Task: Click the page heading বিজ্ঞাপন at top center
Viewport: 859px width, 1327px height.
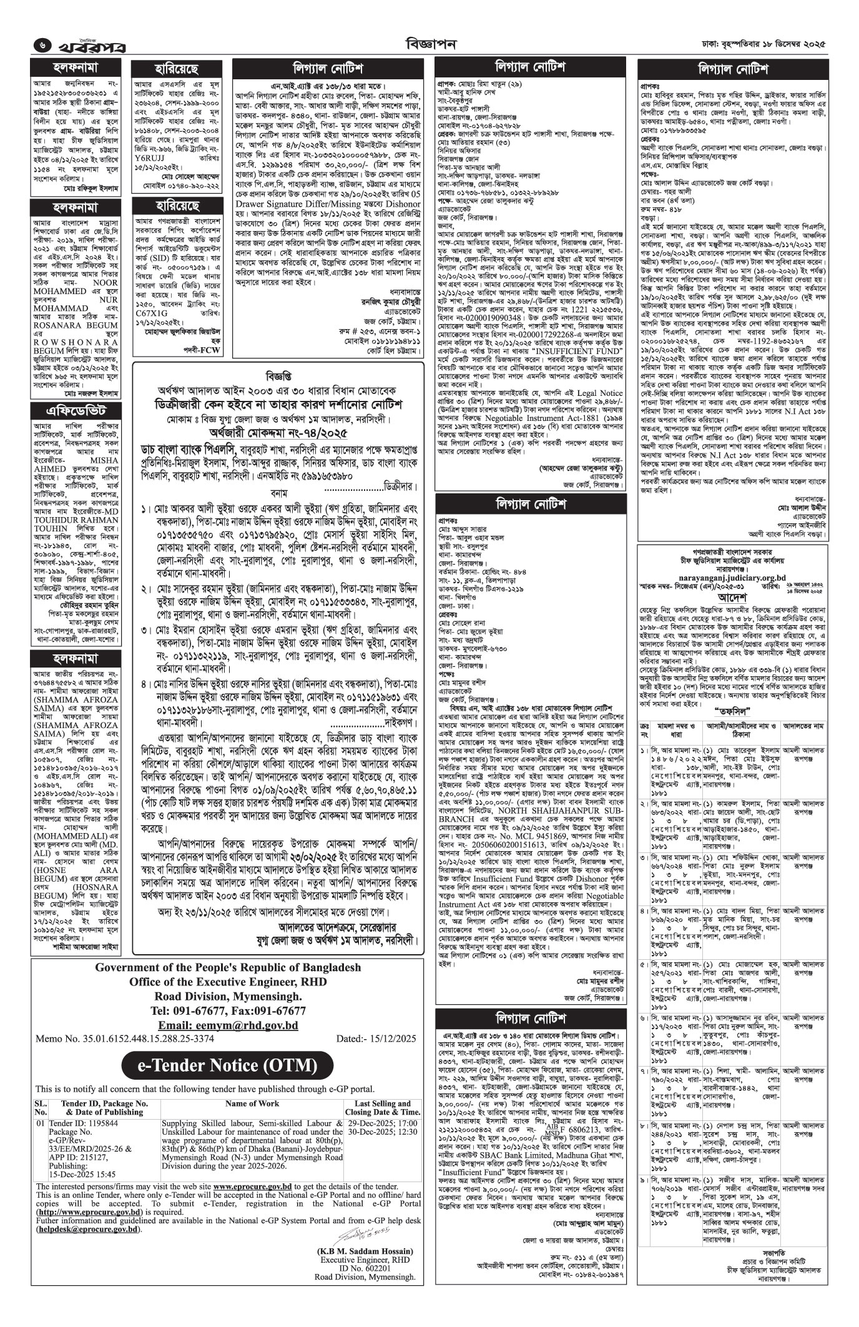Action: tap(430, 44)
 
